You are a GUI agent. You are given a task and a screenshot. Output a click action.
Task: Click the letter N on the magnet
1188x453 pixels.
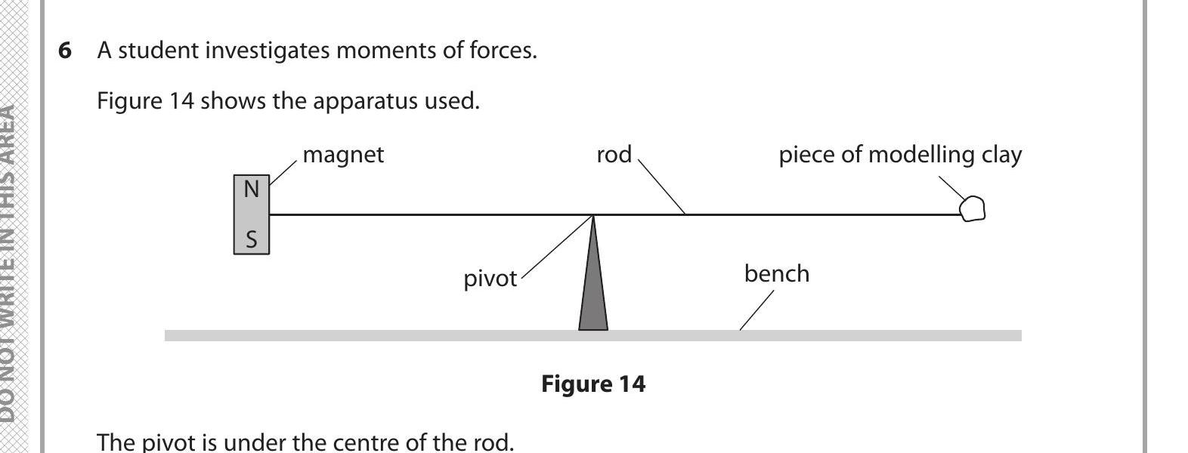252,189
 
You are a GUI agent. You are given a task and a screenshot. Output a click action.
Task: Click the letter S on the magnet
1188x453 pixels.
252,240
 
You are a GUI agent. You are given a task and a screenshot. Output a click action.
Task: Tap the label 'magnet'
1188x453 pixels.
343,155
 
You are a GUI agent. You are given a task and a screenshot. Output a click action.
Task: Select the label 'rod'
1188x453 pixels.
614,155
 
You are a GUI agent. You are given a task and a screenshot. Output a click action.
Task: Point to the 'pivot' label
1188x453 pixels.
490,279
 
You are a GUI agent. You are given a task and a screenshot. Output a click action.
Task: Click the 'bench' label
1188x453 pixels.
776,273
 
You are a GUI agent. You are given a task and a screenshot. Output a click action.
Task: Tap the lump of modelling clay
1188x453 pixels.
973,208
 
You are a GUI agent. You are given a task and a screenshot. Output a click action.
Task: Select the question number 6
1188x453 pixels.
66,51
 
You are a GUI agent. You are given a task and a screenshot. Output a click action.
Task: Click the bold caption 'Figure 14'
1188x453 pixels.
593,384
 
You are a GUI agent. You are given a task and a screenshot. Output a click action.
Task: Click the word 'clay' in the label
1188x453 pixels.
1001,155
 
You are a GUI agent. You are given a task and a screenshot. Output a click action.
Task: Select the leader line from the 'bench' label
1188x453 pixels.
756,310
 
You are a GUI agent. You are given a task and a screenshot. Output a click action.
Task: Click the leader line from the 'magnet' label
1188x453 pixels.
283,173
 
